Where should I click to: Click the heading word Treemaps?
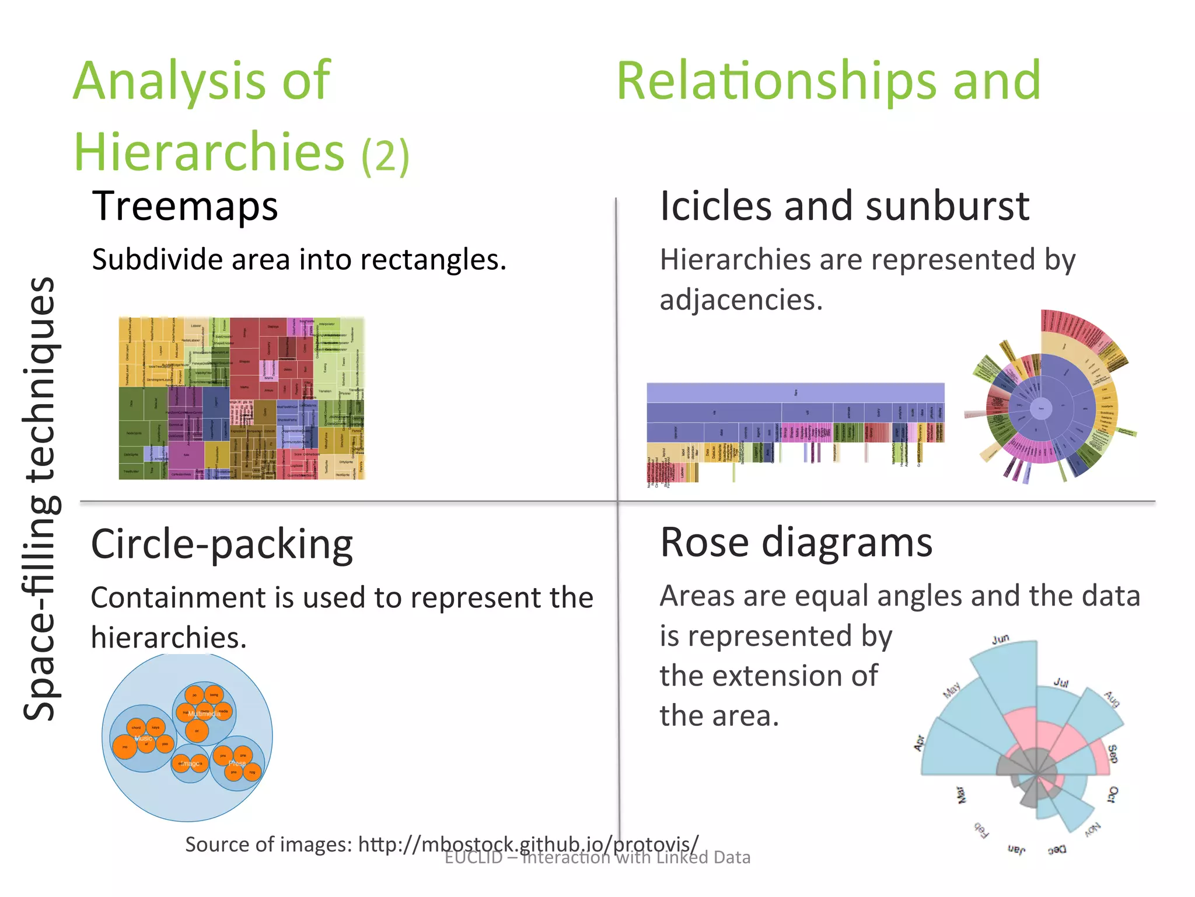coord(185,206)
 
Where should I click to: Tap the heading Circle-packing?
coord(222,544)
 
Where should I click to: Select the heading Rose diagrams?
coord(796,543)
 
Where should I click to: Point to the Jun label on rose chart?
coord(1000,639)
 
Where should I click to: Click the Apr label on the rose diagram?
coord(919,743)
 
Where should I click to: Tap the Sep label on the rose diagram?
coord(1112,753)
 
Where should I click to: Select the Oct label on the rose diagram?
coord(1112,795)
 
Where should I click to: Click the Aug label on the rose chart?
coord(1112,698)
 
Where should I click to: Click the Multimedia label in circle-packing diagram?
coord(204,714)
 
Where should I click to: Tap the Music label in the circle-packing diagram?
coord(143,739)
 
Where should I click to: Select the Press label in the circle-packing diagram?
coord(237,763)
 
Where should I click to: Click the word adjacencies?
coord(741,300)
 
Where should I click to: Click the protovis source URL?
coord(528,844)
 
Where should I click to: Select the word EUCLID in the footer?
coord(473,857)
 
